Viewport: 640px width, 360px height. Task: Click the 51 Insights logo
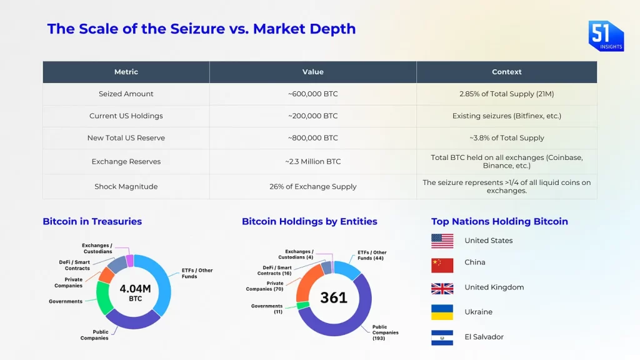[606, 36]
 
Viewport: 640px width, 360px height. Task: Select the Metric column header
[126, 72]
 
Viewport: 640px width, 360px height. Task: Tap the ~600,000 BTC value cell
[312, 94]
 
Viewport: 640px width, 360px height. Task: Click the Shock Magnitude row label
[126, 186]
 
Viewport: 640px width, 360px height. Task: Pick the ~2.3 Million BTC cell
[312, 161]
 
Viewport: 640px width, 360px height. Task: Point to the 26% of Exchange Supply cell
[312, 186]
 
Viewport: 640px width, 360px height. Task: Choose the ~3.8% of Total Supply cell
[506, 137]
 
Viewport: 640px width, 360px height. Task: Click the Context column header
[506, 72]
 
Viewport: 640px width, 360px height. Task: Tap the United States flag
[442, 241]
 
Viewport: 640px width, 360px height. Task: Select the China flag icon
[442, 265]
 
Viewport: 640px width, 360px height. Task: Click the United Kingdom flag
[442, 288]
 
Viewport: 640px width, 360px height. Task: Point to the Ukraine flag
[442, 312]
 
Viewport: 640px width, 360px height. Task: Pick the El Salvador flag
[442, 337]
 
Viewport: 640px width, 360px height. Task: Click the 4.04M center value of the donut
[135, 288]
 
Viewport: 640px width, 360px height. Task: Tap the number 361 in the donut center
[334, 297]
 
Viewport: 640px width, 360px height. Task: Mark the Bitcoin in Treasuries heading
[92, 221]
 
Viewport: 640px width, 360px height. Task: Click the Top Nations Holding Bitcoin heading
[499, 221]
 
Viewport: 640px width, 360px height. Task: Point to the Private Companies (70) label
[264, 286]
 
